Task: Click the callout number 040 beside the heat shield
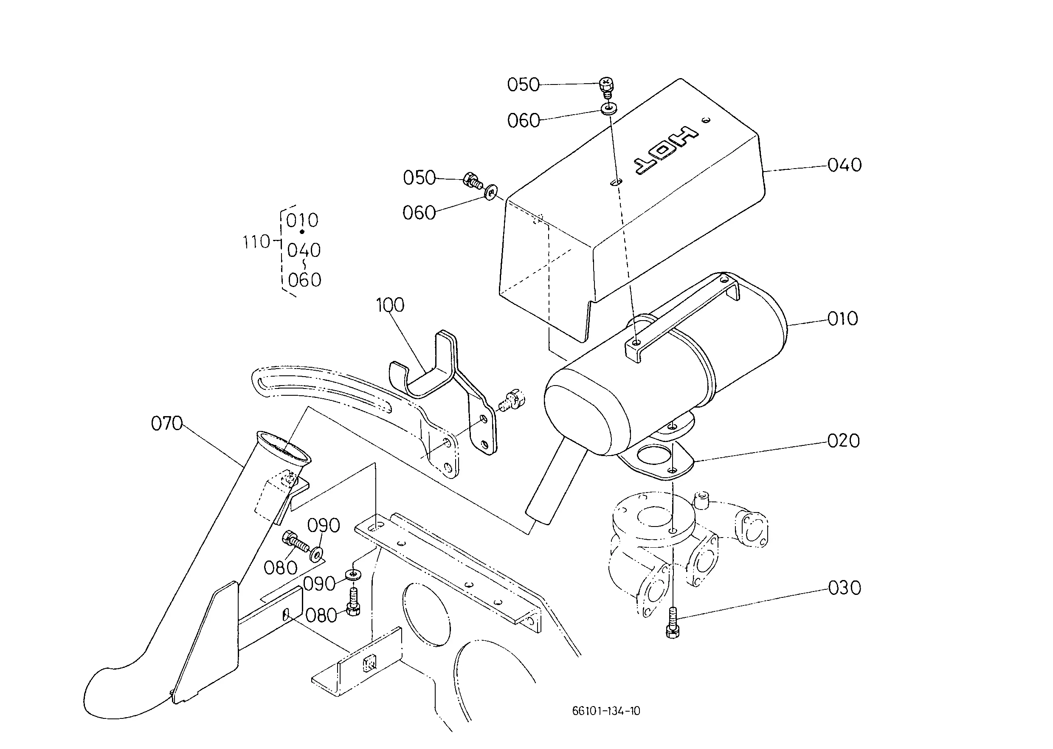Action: pyautogui.click(x=845, y=165)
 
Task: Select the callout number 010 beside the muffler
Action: pyautogui.click(x=843, y=319)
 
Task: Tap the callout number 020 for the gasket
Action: pyautogui.click(x=844, y=441)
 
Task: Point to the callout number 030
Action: pyautogui.click(x=845, y=588)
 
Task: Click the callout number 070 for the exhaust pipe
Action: pyautogui.click(x=167, y=423)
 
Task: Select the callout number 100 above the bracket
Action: pyautogui.click(x=390, y=305)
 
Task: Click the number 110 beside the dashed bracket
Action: pyautogui.click(x=256, y=242)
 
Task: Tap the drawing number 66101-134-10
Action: pyautogui.click(x=606, y=711)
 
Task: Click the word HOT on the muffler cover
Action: pyautogui.click(x=666, y=151)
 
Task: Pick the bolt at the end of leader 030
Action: pyautogui.click(x=673, y=622)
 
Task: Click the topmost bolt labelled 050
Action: pyautogui.click(x=606, y=88)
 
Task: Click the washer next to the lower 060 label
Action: pyautogui.click(x=491, y=191)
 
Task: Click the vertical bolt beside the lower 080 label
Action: pyautogui.click(x=353, y=602)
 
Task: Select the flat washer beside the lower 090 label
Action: pyautogui.click(x=353, y=574)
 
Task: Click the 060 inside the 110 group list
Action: pyautogui.click(x=304, y=280)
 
